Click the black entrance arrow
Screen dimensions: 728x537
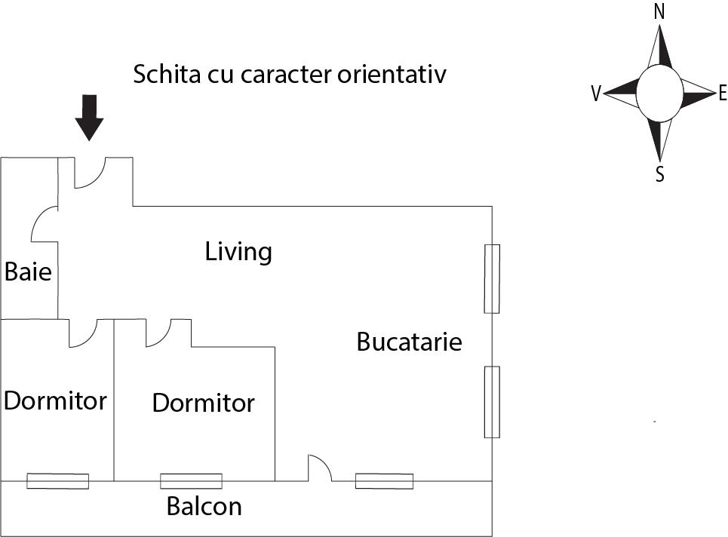click(89, 118)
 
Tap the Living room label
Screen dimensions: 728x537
click(238, 252)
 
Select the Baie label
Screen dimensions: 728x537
click(28, 272)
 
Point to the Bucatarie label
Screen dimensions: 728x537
click(409, 342)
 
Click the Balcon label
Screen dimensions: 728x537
click(204, 506)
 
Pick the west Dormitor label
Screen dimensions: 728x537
click(55, 400)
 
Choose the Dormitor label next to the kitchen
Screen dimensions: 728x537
click(204, 403)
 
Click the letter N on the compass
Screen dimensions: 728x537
click(659, 11)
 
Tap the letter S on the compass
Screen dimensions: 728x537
click(660, 174)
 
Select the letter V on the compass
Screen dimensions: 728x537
click(596, 94)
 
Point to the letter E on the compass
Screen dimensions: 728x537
click(723, 94)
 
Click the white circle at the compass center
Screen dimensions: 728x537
click(659, 94)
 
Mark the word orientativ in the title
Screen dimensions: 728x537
click(392, 74)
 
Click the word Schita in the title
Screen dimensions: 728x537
click(167, 74)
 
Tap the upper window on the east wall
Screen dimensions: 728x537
click(492, 279)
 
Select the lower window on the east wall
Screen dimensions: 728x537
click(492, 402)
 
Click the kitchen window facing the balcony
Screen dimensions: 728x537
click(385, 481)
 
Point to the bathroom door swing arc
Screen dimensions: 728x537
click(45, 224)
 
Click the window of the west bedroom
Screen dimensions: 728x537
click(57, 481)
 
